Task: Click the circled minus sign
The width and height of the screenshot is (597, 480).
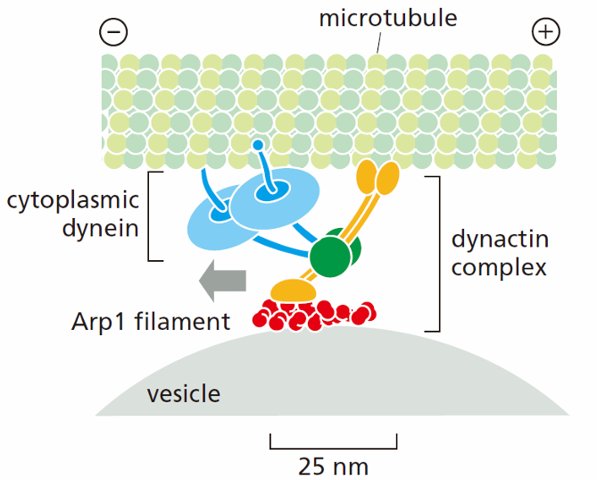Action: [x=113, y=31]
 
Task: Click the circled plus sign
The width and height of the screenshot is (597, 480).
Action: [x=545, y=31]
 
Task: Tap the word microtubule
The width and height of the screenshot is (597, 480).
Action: [x=388, y=18]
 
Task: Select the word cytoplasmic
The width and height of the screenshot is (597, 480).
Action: [x=73, y=201]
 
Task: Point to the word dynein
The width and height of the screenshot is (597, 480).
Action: [x=101, y=228]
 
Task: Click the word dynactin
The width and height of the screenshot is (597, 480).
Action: [x=500, y=239]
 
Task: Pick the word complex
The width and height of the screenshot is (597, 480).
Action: [x=499, y=268]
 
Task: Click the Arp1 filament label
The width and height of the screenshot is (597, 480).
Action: [x=151, y=322]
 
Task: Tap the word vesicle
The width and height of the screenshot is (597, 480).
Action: [x=184, y=393]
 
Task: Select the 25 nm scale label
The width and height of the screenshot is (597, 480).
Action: [x=333, y=466]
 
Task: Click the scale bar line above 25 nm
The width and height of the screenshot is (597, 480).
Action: [x=334, y=448]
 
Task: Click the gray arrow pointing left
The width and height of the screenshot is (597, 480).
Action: [x=223, y=281]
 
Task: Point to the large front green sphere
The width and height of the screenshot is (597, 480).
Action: [x=329, y=257]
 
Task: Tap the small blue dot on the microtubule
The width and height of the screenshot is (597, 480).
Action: [x=258, y=145]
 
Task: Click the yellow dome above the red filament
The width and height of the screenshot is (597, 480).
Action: [x=294, y=291]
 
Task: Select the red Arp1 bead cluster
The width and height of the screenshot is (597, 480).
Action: [x=314, y=315]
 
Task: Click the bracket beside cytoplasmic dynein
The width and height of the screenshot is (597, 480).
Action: [x=149, y=216]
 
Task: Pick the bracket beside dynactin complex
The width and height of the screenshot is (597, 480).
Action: [x=439, y=254]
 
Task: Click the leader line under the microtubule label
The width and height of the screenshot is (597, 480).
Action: [x=378, y=42]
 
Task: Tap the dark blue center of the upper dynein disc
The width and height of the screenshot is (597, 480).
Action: [x=272, y=190]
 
